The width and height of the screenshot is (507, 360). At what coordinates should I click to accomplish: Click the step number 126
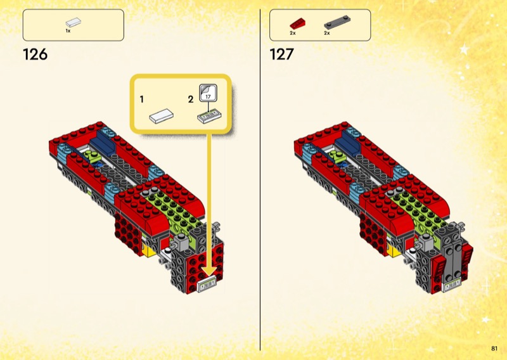pyautogui.click(x=35, y=55)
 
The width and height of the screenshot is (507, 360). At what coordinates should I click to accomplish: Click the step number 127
pyautogui.click(x=281, y=55)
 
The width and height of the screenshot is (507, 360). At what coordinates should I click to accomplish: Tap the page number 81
pyautogui.click(x=494, y=349)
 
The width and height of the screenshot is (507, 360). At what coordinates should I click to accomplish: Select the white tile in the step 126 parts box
pyautogui.click(x=74, y=22)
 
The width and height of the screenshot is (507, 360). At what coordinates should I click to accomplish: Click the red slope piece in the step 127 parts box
pyautogui.click(x=298, y=24)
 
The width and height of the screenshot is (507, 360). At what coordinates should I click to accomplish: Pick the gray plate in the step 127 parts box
pyautogui.click(x=337, y=22)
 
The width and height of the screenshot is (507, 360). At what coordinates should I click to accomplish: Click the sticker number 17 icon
pyautogui.click(x=208, y=93)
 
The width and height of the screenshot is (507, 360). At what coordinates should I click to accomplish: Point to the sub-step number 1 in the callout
pyautogui.click(x=141, y=100)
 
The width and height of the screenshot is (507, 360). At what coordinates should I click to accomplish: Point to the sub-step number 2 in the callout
pyautogui.click(x=191, y=100)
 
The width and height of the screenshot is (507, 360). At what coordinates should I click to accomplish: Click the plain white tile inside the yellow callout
pyautogui.click(x=162, y=116)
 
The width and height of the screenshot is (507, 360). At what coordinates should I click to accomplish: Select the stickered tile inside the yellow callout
pyautogui.click(x=210, y=117)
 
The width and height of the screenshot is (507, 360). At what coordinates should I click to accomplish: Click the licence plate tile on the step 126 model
pyautogui.click(x=207, y=285)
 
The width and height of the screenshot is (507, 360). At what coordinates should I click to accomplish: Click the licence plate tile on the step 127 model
pyautogui.click(x=452, y=285)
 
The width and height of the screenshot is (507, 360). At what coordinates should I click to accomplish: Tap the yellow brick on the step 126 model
pyautogui.click(x=150, y=251)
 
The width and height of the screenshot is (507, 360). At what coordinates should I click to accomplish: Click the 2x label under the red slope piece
pyautogui.click(x=293, y=34)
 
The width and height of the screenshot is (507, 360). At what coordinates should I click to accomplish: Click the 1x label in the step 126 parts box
pyautogui.click(x=68, y=31)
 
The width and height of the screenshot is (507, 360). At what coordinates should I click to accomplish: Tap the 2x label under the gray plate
pyautogui.click(x=327, y=34)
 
